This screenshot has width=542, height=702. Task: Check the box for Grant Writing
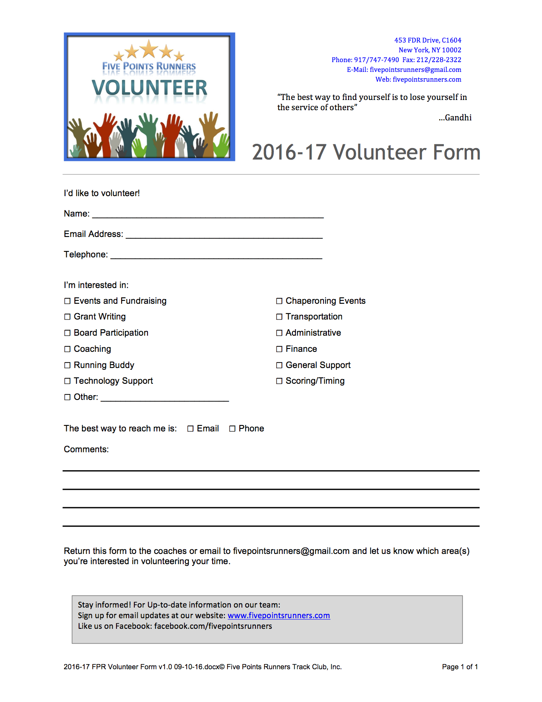[x=67, y=317]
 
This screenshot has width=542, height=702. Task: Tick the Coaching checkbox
[x=67, y=349]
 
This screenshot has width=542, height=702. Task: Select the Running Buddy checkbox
[x=67, y=365]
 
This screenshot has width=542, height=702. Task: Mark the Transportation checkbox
[x=279, y=317]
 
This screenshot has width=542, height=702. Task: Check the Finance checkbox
[x=279, y=349]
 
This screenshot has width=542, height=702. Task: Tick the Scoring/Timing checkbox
[x=279, y=381]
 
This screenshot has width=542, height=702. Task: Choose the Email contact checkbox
[x=190, y=429]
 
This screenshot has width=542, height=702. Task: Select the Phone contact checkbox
[x=233, y=429]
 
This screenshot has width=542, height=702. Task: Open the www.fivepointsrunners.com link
[x=278, y=616]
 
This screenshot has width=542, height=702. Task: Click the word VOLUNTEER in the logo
[x=149, y=88]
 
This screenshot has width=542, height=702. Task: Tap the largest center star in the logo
[x=149, y=49]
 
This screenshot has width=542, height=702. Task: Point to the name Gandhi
[x=458, y=118]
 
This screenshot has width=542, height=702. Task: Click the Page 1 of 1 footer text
[x=460, y=667]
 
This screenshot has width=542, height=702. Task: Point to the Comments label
[x=86, y=450]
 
